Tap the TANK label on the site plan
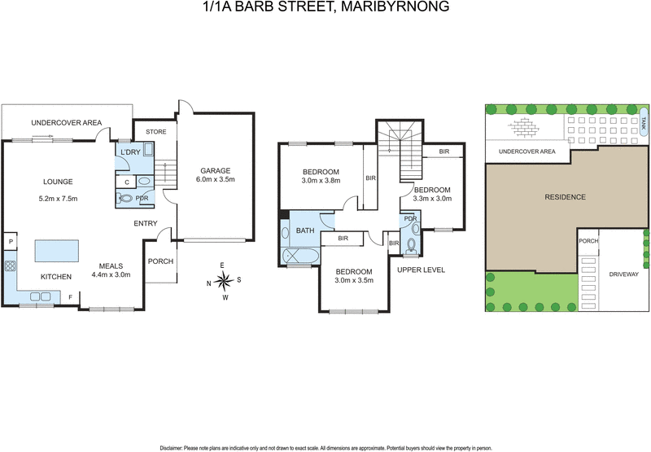click(643, 123)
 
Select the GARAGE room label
click(216, 171)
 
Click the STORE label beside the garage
click(156, 131)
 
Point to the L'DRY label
click(130, 153)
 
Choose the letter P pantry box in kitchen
click(11, 242)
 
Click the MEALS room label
click(111, 265)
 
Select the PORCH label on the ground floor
click(160, 261)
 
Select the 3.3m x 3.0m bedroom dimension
click(432, 197)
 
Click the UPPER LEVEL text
click(421, 270)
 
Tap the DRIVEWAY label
click(623, 274)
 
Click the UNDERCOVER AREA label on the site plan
click(526, 151)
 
